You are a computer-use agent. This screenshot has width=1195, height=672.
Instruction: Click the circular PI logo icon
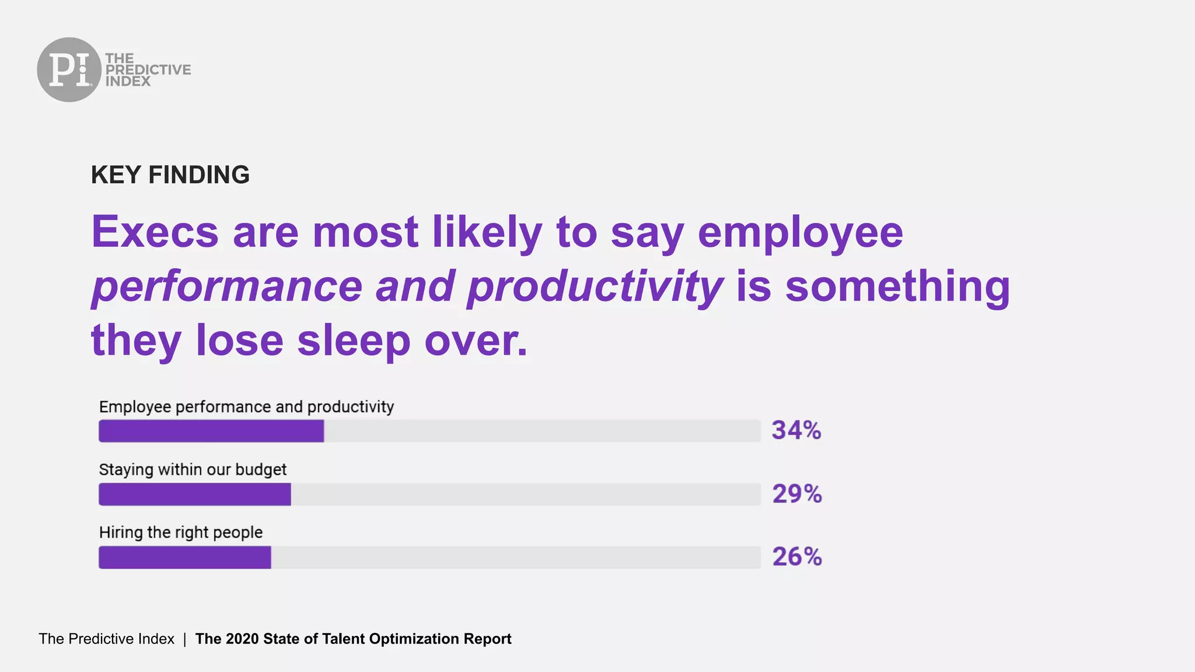click(x=69, y=69)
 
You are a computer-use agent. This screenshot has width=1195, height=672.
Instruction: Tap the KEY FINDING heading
click(x=170, y=175)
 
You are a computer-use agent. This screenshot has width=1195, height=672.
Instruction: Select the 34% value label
click(x=796, y=430)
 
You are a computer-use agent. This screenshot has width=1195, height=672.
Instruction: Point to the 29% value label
click(x=796, y=494)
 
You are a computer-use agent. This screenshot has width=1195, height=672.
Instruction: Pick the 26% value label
click(x=796, y=557)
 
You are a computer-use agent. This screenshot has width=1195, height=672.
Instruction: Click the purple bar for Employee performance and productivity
click(x=211, y=431)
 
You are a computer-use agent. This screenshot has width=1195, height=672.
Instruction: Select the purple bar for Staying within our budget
click(x=194, y=494)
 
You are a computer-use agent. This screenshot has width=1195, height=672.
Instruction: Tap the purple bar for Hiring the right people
click(x=184, y=557)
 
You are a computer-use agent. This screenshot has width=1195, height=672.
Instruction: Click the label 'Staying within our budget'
click(x=193, y=470)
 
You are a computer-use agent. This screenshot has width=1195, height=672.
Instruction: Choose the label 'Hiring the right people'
click(x=181, y=532)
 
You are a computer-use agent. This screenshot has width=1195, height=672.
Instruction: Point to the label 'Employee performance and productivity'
click(x=246, y=407)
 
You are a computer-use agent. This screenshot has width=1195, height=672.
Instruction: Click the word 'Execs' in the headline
click(x=155, y=232)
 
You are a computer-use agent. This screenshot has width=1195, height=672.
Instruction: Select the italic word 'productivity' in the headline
click(x=594, y=287)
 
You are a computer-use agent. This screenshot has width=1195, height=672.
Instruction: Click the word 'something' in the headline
click(x=897, y=286)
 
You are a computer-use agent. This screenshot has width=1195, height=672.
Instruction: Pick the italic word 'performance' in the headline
click(x=227, y=286)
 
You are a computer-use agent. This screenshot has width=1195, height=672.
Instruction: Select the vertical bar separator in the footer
click(x=184, y=639)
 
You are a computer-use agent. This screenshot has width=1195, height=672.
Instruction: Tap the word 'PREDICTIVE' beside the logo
click(x=148, y=70)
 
